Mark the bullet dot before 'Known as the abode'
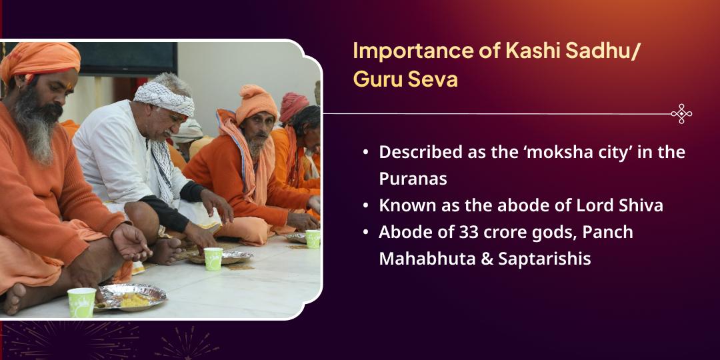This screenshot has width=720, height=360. point(365,206)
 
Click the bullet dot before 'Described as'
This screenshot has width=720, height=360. point(365,153)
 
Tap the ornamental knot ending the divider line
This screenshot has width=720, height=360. point(681,114)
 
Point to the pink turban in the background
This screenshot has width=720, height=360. point(293,103)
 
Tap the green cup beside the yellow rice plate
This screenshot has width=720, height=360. point(81,302)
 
